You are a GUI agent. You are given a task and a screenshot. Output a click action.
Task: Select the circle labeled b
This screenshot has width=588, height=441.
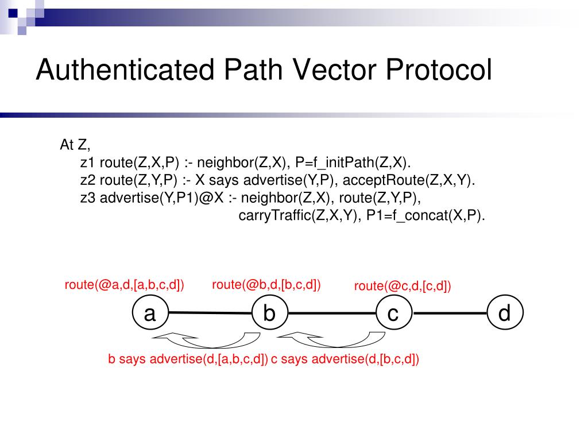(x=270, y=314)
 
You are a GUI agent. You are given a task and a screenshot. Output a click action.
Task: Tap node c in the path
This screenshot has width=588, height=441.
(x=393, y=314)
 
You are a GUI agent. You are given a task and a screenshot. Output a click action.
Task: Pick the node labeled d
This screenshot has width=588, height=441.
(x=504, y=314)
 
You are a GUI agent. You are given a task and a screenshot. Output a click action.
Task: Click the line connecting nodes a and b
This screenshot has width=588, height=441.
(x=210, y=314)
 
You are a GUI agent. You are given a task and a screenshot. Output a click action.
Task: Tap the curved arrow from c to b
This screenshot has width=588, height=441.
(x=330, y=341)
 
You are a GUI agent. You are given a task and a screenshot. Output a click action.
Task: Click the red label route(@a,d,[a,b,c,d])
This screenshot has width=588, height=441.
(x=124, y=285)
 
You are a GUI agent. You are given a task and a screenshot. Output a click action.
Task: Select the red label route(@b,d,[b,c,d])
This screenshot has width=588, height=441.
(x=266, y=284)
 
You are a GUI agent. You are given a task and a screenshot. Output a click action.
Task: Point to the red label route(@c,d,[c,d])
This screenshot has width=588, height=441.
(x=403, y=286)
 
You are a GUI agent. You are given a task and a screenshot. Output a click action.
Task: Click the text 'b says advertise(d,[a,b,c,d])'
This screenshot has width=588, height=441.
(x=188, y=360)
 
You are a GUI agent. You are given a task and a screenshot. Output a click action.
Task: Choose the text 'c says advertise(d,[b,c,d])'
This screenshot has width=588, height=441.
(x=345, y=360)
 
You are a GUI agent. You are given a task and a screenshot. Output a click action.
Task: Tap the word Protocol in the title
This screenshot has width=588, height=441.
(x=439, y=71)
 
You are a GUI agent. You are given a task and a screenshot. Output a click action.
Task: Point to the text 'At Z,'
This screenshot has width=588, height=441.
(x=75, y=145)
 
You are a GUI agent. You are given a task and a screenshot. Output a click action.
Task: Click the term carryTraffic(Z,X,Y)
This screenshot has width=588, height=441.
(x=296, y=216)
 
